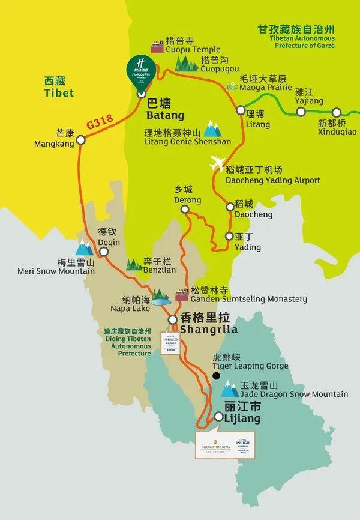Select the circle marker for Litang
[x=241, y=110]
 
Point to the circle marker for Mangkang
[x=81, y=139]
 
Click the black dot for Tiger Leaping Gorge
[x=216, y=376]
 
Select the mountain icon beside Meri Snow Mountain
[x=84, y=247]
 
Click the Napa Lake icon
[x=160, y=298]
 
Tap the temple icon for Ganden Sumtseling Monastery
[x=182, y=296]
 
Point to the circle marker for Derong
[x=185, y=209]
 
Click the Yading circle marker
[x=229, y=236]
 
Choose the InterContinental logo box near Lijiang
[x=213, y=444]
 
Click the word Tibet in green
[x=59, y=93]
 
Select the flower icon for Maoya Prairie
[x=232, y=86]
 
